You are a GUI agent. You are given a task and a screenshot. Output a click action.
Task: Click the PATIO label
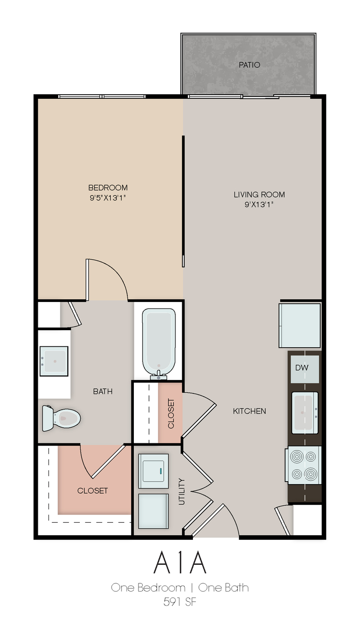coord(249,65)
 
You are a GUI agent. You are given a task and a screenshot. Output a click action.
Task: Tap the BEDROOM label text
coord(108,188)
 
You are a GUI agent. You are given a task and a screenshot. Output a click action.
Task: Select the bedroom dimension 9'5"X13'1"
coord(108,198)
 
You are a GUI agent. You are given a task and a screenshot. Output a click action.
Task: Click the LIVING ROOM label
coord(259,194)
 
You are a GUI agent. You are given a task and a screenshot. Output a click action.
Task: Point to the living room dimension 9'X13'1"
coord(259,205)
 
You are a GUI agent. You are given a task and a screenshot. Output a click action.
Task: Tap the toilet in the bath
coord(61,418)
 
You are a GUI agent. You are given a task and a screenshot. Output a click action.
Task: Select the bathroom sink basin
coord(54,361)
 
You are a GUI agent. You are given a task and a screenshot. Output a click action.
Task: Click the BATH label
coord(102,392)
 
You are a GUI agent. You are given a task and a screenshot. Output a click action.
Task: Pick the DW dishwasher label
coord(302,368)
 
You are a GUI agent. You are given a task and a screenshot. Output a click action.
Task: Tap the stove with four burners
coord(303,465)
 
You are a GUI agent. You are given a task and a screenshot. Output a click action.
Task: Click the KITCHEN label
coord(249,411)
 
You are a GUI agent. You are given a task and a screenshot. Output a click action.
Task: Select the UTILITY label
coord(182,492)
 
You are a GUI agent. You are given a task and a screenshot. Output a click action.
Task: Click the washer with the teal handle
coord(153,471)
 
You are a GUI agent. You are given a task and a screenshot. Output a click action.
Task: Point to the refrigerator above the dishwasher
coord(300,325)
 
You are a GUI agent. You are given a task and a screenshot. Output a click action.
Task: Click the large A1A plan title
coord(180,563)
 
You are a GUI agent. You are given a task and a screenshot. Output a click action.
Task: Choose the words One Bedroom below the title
coord(148,588)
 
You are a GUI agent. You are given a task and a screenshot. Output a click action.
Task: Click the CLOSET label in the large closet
coord(92,490)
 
